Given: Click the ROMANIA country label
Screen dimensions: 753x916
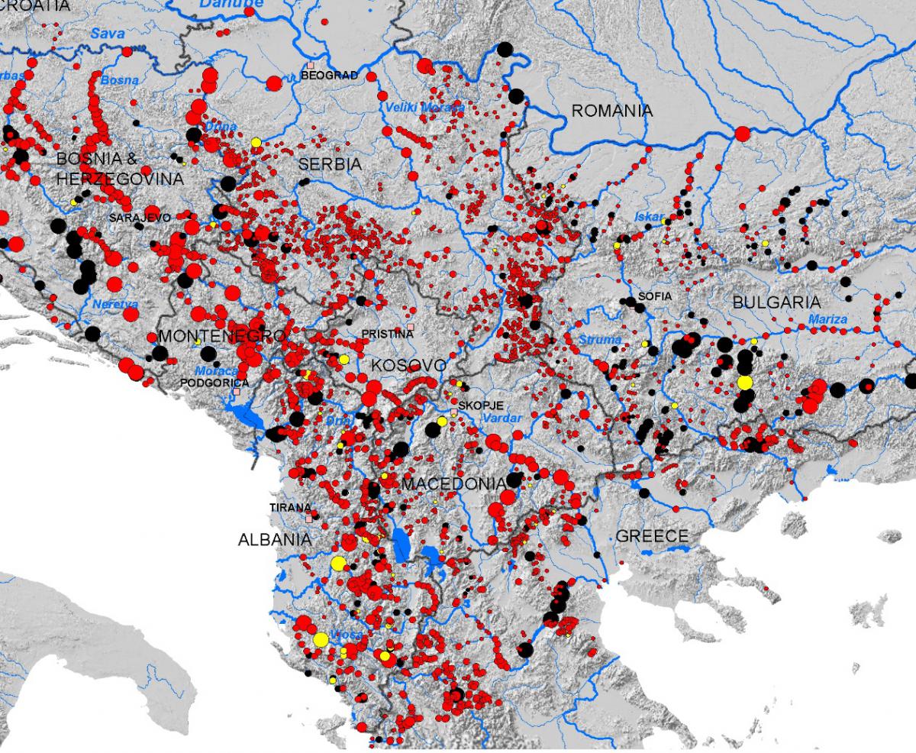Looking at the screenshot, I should click(612, 111).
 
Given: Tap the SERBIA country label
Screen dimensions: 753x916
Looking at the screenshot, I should click(330, 164).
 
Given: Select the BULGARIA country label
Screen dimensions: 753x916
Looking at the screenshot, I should click(776, 302).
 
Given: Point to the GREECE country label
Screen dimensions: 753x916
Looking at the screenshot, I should click(652, 536).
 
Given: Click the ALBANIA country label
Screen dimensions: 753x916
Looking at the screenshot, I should click(275, 539).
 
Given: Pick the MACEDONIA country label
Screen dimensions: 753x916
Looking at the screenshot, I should click(453, 484).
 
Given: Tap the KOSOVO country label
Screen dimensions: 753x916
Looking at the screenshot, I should click(408, 366).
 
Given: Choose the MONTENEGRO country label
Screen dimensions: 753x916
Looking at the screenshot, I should click(221, 336).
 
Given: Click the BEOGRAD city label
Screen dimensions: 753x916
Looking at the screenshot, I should click(330, 76).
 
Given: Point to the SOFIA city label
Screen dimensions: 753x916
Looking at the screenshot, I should click(655, 296).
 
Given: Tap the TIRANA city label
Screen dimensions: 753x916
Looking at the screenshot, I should click(290, 507).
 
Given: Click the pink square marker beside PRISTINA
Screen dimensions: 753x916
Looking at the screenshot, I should click(411, 327).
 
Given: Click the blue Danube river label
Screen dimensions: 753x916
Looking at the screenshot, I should click(231, 5).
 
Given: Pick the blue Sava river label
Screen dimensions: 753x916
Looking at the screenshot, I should click(107, 33).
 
